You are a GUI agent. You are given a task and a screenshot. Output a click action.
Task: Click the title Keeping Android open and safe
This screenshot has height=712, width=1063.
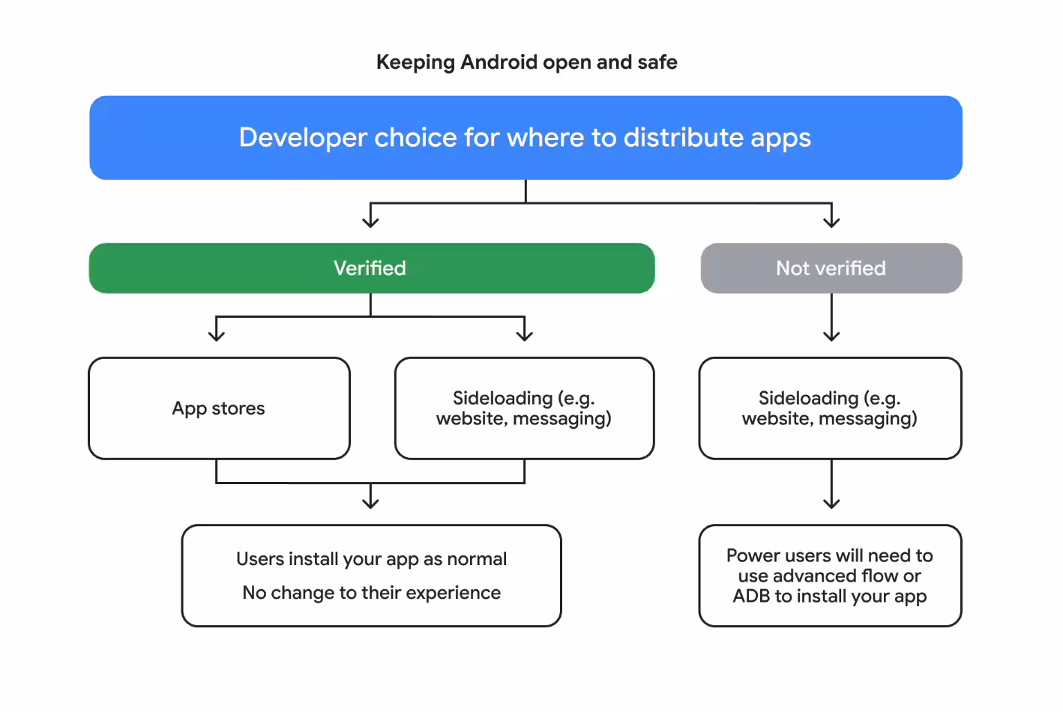tap(526, 62)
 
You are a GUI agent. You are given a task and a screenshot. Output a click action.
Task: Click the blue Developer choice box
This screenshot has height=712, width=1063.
tap(525, 137)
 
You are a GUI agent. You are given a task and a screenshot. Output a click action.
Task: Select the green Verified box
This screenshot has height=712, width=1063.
tap(371, 268)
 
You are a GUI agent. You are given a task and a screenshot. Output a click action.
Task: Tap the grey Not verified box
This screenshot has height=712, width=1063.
tap(831, 268)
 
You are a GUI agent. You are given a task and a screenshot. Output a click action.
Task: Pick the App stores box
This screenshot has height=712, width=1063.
tap(219, 408)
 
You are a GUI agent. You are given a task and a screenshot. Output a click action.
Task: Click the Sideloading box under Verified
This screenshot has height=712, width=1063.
tap(524, 408)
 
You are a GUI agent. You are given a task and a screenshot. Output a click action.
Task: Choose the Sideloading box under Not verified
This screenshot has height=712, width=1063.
tap(830, 408)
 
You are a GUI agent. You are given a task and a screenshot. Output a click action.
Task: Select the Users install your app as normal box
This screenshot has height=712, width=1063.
tap(371, 576)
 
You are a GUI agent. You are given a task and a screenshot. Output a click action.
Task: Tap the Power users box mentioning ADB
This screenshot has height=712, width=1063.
tap(830, 576)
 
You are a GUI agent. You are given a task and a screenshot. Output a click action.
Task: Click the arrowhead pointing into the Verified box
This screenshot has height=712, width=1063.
tap(370, 222)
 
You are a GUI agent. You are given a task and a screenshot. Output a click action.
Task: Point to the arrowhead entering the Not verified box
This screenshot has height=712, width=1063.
tap(831, 222)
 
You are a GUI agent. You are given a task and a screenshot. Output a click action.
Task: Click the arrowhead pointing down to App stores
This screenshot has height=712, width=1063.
tap(217, 336)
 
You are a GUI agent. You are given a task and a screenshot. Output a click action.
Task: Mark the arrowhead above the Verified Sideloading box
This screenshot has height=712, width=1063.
tap(525, 336)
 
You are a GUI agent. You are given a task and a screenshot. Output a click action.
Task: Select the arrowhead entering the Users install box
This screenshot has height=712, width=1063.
tap(370, 504)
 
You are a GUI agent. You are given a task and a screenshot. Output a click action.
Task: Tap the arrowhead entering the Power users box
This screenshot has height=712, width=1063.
tap(831, 504)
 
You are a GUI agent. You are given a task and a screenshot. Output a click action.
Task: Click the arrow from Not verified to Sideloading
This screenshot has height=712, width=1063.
tap(831, 319)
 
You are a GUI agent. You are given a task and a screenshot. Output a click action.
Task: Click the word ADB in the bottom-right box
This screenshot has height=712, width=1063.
tap(751, 597)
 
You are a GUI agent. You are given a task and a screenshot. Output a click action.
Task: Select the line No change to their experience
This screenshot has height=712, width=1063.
tap(371, 593)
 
